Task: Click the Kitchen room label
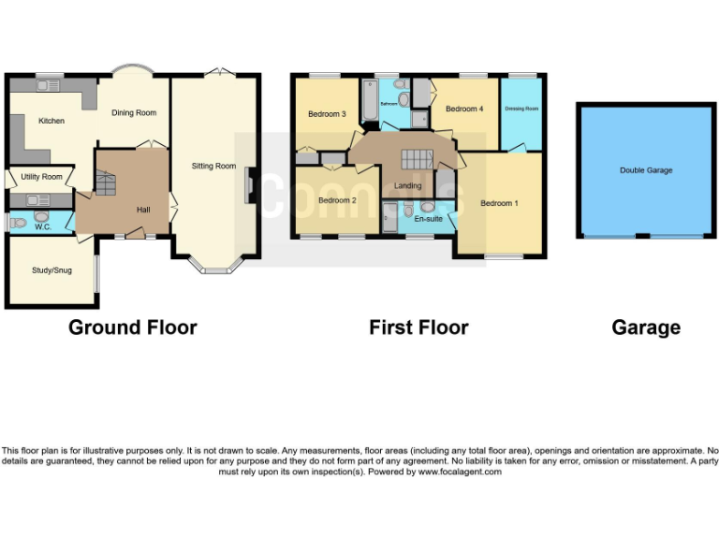coord(51,121)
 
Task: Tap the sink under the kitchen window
coord(47,86)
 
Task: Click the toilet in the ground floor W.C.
coord(20,222)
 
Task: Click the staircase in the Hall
coord(104,183)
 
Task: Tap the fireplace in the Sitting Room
coord(248,184)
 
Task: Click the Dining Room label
coord(134,113)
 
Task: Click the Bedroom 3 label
coord(327,114)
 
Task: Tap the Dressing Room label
coord(521,109)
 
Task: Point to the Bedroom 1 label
coord(498,203)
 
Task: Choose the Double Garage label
coord(646,170)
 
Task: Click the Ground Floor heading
coord(133,328)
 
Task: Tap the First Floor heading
coord(418,328)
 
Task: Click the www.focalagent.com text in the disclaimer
coord(459,473)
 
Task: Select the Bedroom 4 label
coord(464,109)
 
